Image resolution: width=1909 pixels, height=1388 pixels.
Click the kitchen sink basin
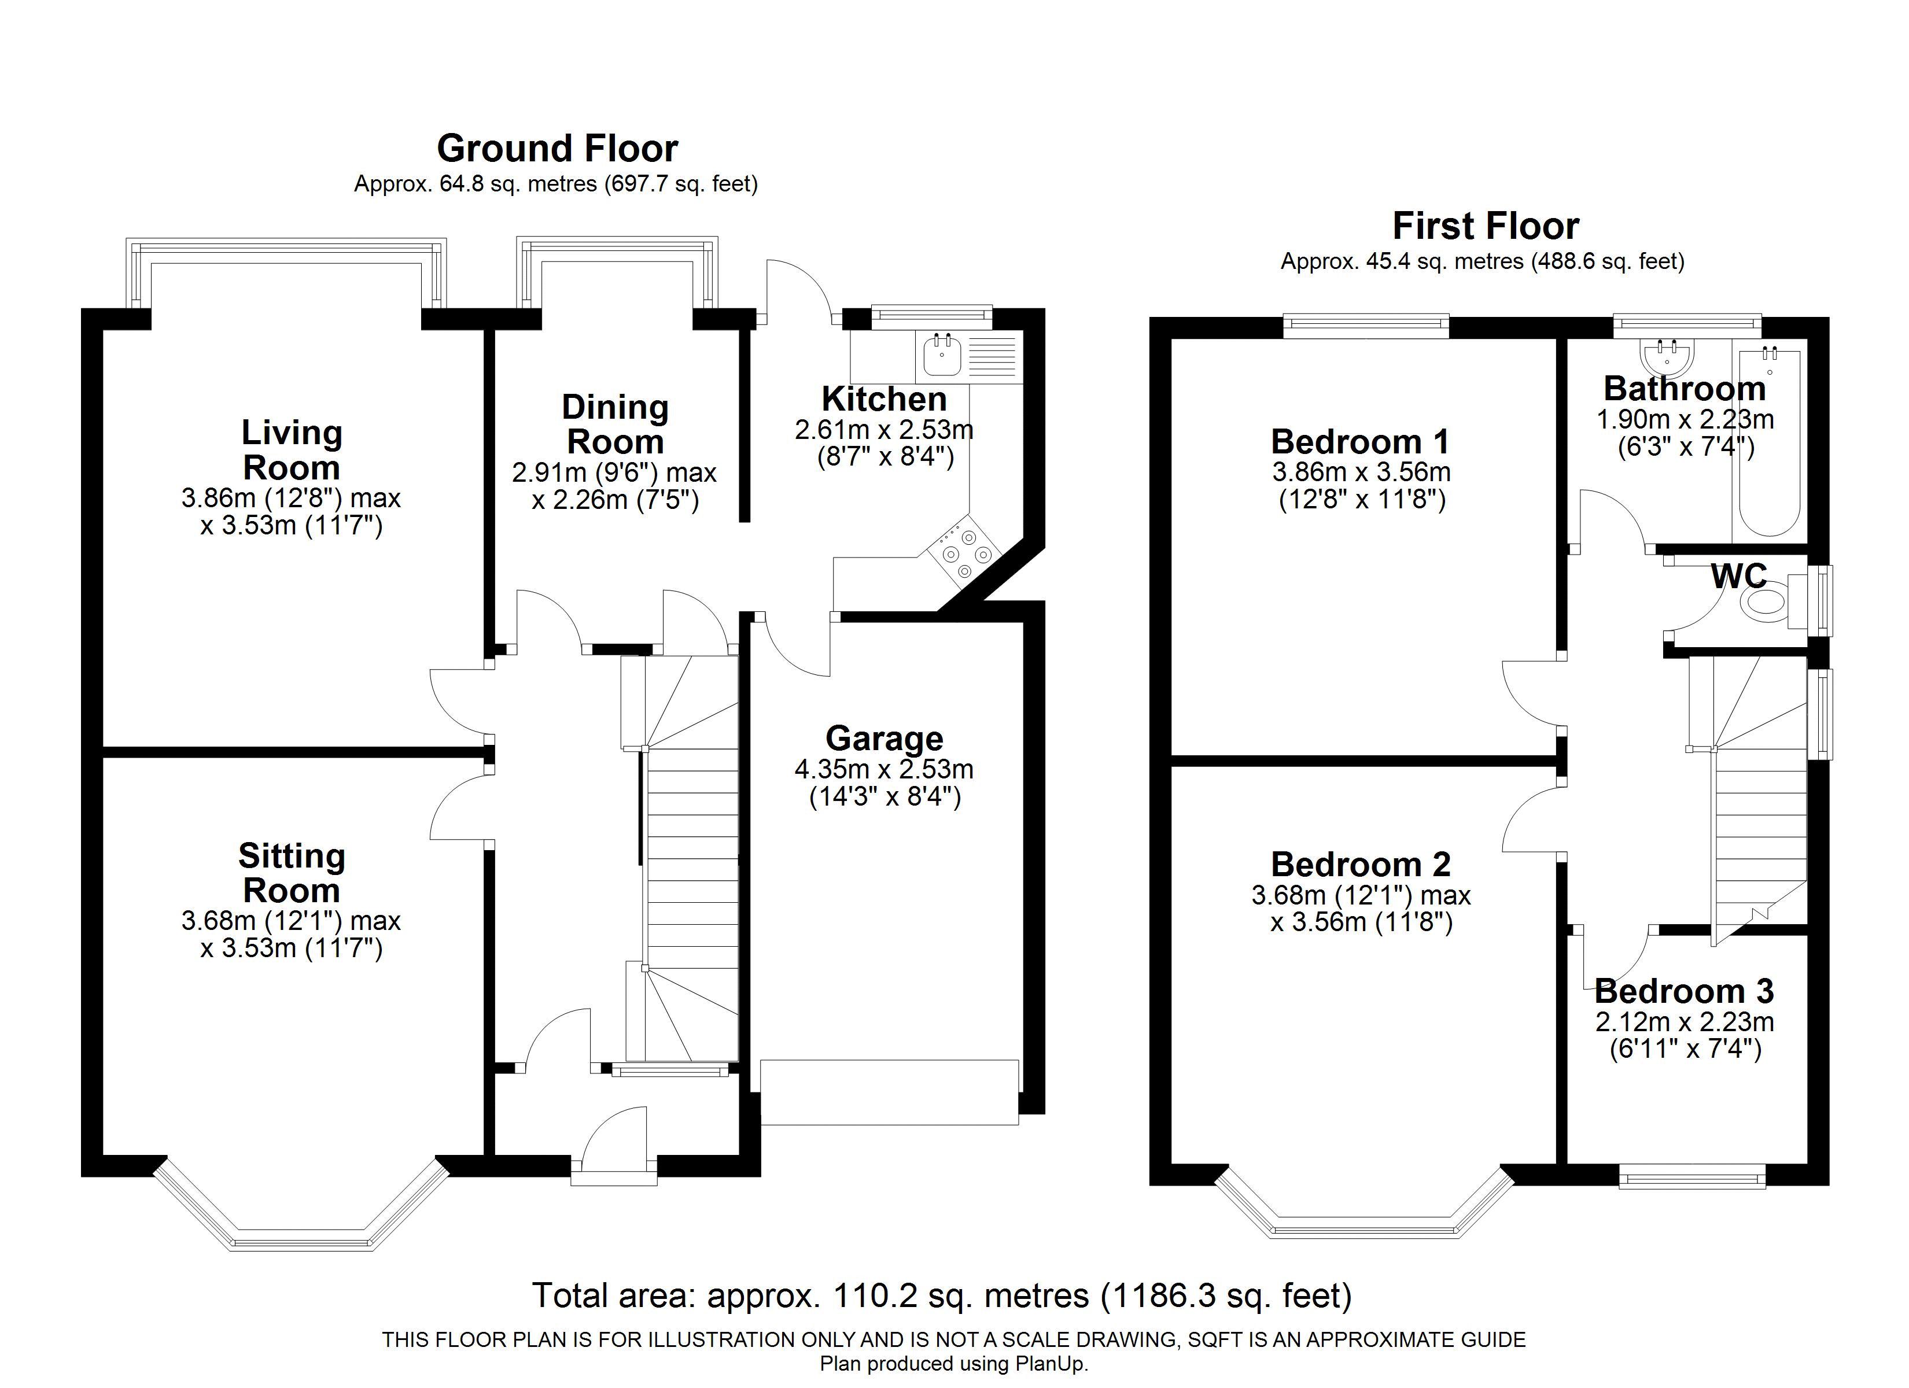click(942, 355)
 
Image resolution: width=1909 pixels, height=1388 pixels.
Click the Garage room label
click(884, 738)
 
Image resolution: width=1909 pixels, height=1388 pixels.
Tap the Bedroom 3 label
click(1685, 991)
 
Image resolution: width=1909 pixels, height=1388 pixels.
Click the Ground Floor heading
click(557, 149)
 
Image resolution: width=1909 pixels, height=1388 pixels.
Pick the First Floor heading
click(1486, 227)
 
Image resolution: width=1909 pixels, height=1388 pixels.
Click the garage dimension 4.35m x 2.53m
click(884, 769)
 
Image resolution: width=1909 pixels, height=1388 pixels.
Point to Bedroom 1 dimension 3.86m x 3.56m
click(1361, 471)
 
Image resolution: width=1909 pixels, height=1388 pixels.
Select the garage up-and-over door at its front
click(889, 1092)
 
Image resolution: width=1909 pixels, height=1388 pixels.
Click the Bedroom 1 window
click(1366, 326)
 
